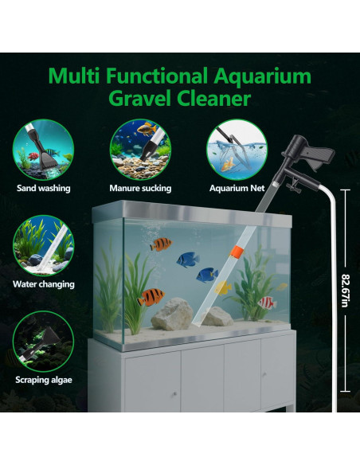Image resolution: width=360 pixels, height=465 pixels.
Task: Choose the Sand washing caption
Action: coord(43,189)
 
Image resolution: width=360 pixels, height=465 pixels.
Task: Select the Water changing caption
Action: coord(43,283)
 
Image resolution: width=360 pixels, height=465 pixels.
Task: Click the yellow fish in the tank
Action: coord(224,287)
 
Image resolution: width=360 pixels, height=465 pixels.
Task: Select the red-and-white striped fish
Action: coord(266,303)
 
